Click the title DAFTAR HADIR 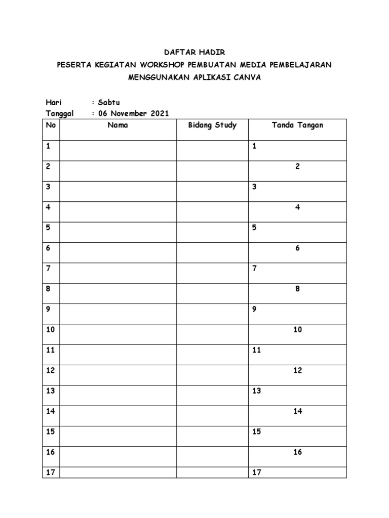(x=194, y=52)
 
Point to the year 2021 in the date (x=159, y=113)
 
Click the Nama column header (x=118, y=125)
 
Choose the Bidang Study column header (x=212, y=125)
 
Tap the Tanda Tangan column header (x=297, y=125)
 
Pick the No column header (x=50, y=125)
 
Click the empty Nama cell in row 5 (x=118, y=232)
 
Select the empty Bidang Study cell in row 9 (x=212, y=314)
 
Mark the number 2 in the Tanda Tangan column (x=298, y=167)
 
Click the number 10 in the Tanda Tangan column (x=297, y=330)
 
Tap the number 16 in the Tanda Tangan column (x=297, y=452)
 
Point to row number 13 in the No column (x=50, y=391)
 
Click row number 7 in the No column (x=48, y=269)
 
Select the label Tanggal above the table (x=60, y=113)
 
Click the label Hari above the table (x=53, y=103)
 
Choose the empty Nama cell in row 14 (x=118, y=416)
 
